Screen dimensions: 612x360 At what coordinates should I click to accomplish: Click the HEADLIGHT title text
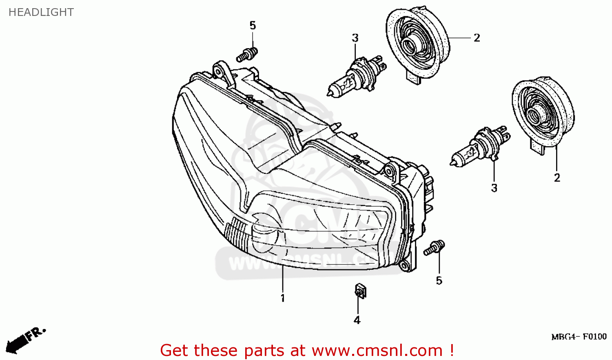pos(41,12)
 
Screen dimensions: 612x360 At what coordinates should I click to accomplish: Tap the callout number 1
pos(282,298)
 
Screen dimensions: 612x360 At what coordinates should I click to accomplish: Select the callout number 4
pos(357,320)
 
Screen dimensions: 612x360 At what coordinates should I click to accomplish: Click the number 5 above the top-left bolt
pos(253,26)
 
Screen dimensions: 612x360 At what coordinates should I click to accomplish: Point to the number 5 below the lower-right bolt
pos(439,281)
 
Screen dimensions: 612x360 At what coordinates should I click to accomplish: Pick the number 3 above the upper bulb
pos(355,38)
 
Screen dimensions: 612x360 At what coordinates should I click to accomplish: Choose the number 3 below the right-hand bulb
pos(494,188)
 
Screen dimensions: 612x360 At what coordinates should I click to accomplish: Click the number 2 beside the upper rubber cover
pos(477,38)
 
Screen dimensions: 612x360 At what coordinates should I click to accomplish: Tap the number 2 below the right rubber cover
pos(557,178)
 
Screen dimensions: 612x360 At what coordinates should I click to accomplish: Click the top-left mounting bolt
pos(247,54)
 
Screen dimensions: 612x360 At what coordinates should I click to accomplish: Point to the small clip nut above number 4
pos(360,291)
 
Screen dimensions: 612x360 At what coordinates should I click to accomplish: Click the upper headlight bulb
pos(355,76)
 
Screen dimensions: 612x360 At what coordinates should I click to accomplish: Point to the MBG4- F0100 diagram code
pos(579,337)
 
